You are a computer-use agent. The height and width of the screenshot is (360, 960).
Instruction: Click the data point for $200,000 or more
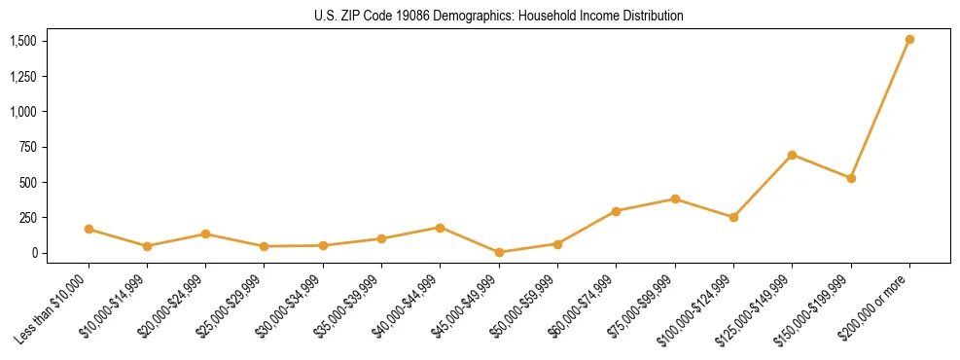[x=909, y=40]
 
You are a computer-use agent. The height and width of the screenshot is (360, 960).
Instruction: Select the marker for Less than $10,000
[x=89, y=230]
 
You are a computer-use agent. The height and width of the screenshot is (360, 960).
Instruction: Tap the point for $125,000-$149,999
[x=792, y=155]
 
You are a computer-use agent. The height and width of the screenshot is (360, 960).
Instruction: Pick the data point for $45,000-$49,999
[x=499, y=252]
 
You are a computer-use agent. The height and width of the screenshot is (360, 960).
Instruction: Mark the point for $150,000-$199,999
[x=851, y=178]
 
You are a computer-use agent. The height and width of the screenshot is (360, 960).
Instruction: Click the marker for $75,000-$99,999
[x=675, y=199]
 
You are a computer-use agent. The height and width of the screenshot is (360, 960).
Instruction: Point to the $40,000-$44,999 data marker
[x=440, y=228]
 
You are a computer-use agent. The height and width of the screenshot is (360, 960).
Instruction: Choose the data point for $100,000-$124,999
[x=733, y=217]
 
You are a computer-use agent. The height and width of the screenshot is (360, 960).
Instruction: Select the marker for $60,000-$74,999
[x=616, y=211]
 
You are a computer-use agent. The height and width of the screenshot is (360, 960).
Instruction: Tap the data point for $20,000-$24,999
[x=205, y=234]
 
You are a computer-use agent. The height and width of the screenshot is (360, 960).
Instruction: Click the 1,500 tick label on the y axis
[x=23, y=41]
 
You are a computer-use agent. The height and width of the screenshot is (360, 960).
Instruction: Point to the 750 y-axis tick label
[x=28, y=147]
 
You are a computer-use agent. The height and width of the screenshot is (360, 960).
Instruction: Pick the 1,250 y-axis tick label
[x=23, y=77]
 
